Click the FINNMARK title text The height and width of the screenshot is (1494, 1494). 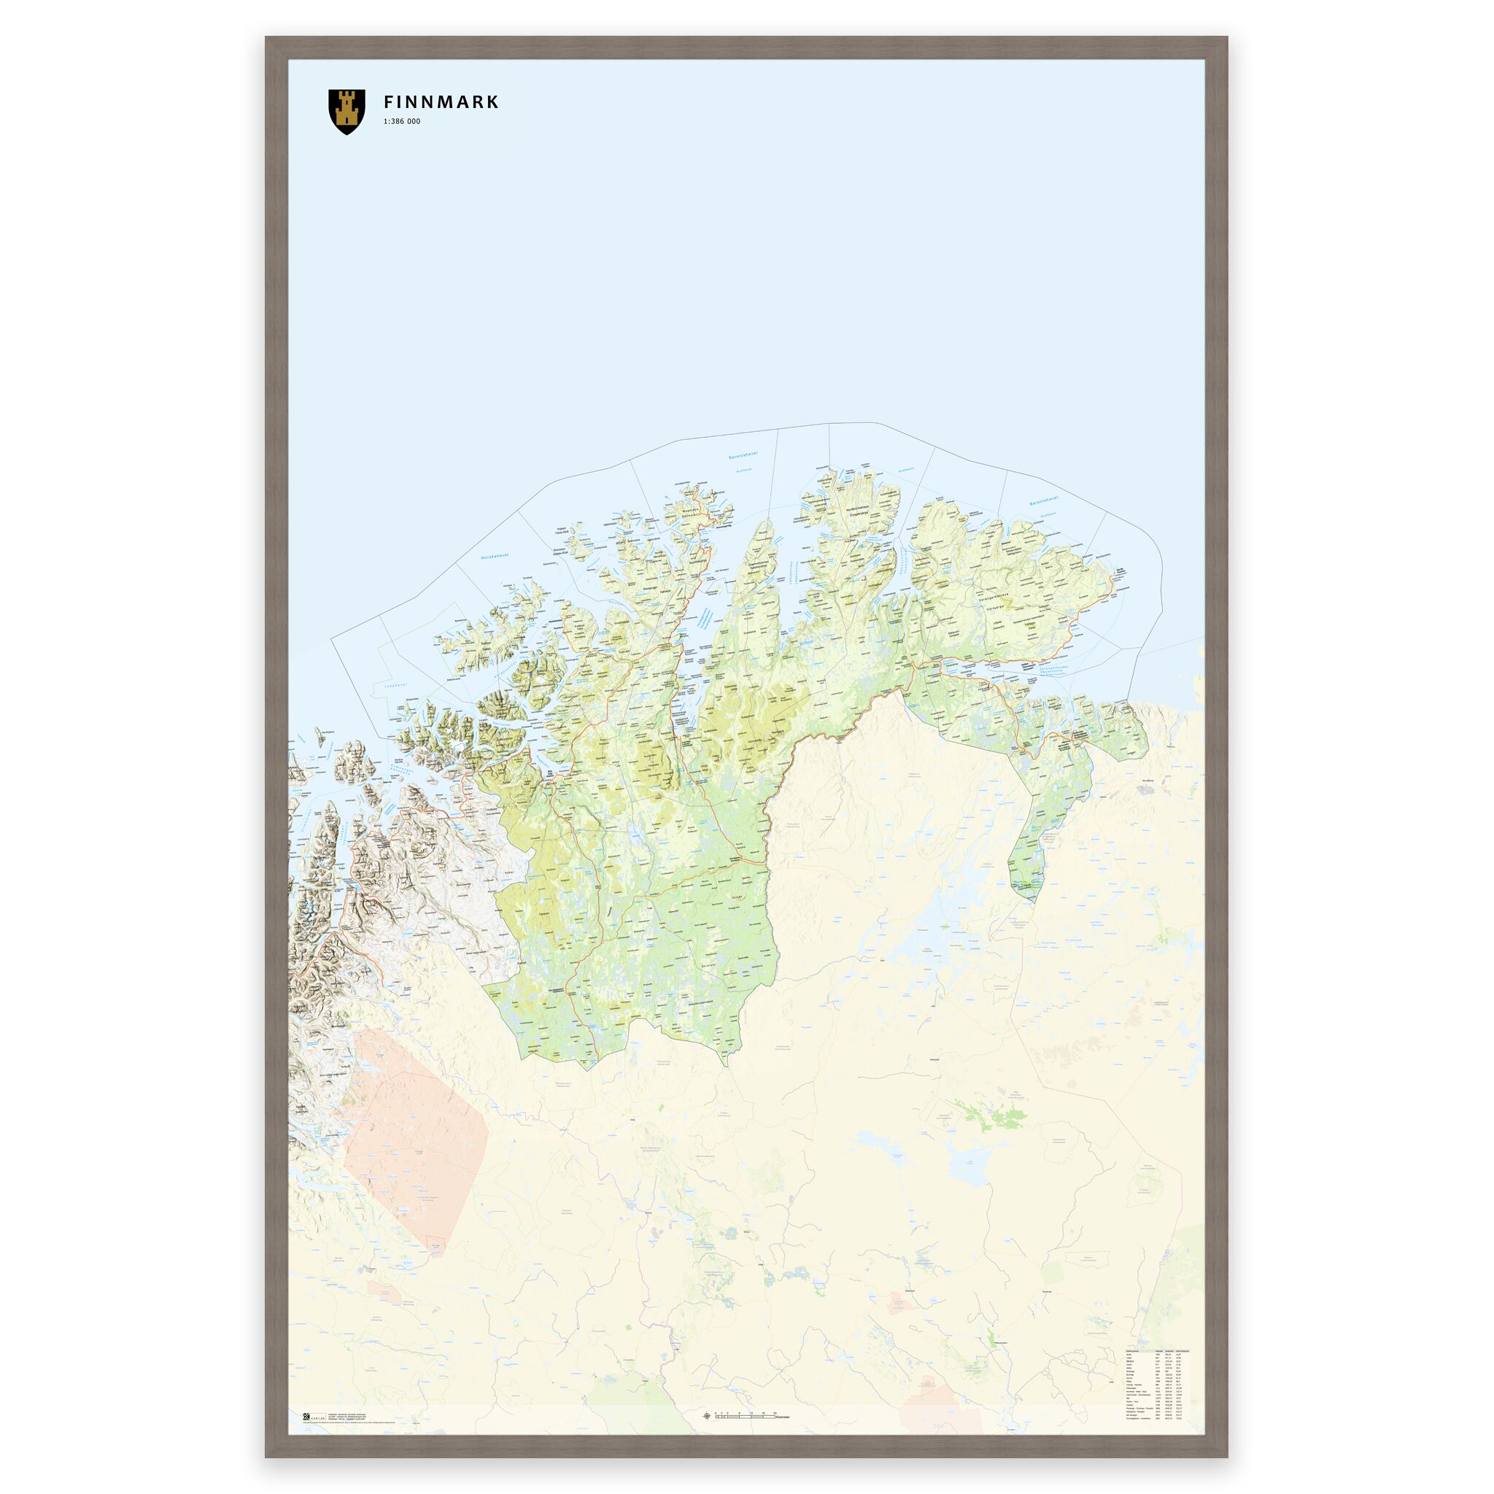[x=441, y=102]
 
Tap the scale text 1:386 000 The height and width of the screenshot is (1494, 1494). [x=402, y=122]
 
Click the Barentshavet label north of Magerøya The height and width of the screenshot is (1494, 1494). [x=743, y=456]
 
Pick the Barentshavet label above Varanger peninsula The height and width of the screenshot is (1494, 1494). [x=1042, y=503]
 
